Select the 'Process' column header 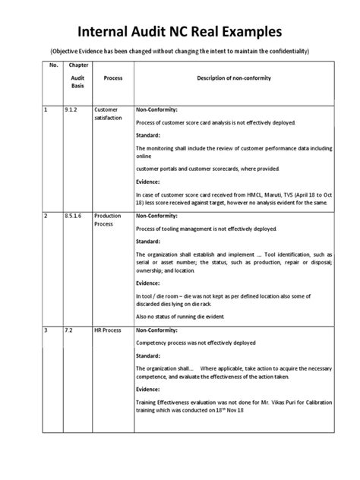(112, 77)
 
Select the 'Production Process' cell (109, 220)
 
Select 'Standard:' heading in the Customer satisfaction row (150, 135)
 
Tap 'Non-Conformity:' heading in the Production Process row (157, 216)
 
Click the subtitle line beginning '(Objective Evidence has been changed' (180, 51)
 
